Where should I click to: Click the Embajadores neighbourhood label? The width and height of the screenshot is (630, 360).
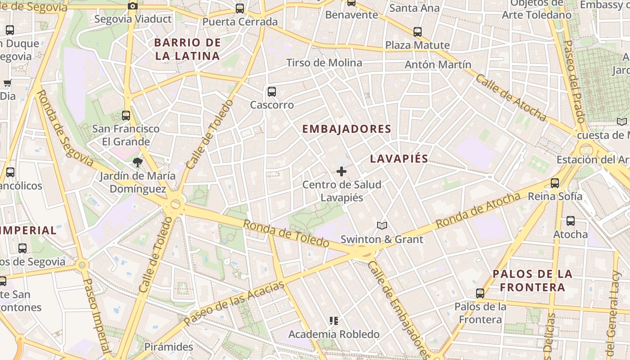[x=346, y=129]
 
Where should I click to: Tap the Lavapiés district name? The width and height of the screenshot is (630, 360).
[x=399, y=159]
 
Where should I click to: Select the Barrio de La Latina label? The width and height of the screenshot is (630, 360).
[x=187, y=49]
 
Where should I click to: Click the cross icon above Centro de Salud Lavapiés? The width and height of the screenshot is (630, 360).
[x=342, y=171]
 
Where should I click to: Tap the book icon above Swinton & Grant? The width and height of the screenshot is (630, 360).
[x=382, y=225]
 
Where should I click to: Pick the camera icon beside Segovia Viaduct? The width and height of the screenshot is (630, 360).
[x=133, y=6]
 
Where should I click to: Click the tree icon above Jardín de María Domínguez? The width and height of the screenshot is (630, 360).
[x=137, y=162]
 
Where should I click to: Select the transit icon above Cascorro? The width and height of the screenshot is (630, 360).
[x=272, y=92]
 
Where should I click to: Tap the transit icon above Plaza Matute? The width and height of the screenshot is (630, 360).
[x=418, y=32]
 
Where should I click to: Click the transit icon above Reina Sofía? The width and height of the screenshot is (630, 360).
[x=555, y=183]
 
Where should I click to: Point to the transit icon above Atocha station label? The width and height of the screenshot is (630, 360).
[x=571, y=221]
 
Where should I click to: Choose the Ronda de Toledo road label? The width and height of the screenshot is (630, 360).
[x=286, y=233]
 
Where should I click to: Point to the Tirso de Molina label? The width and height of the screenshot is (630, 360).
[x=324, y=63]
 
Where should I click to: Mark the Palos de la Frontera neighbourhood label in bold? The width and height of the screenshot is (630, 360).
[x=532, y=280]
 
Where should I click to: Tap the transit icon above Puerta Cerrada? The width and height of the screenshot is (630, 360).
[x=240, y=9]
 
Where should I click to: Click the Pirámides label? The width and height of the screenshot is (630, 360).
[x=169, y=347]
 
